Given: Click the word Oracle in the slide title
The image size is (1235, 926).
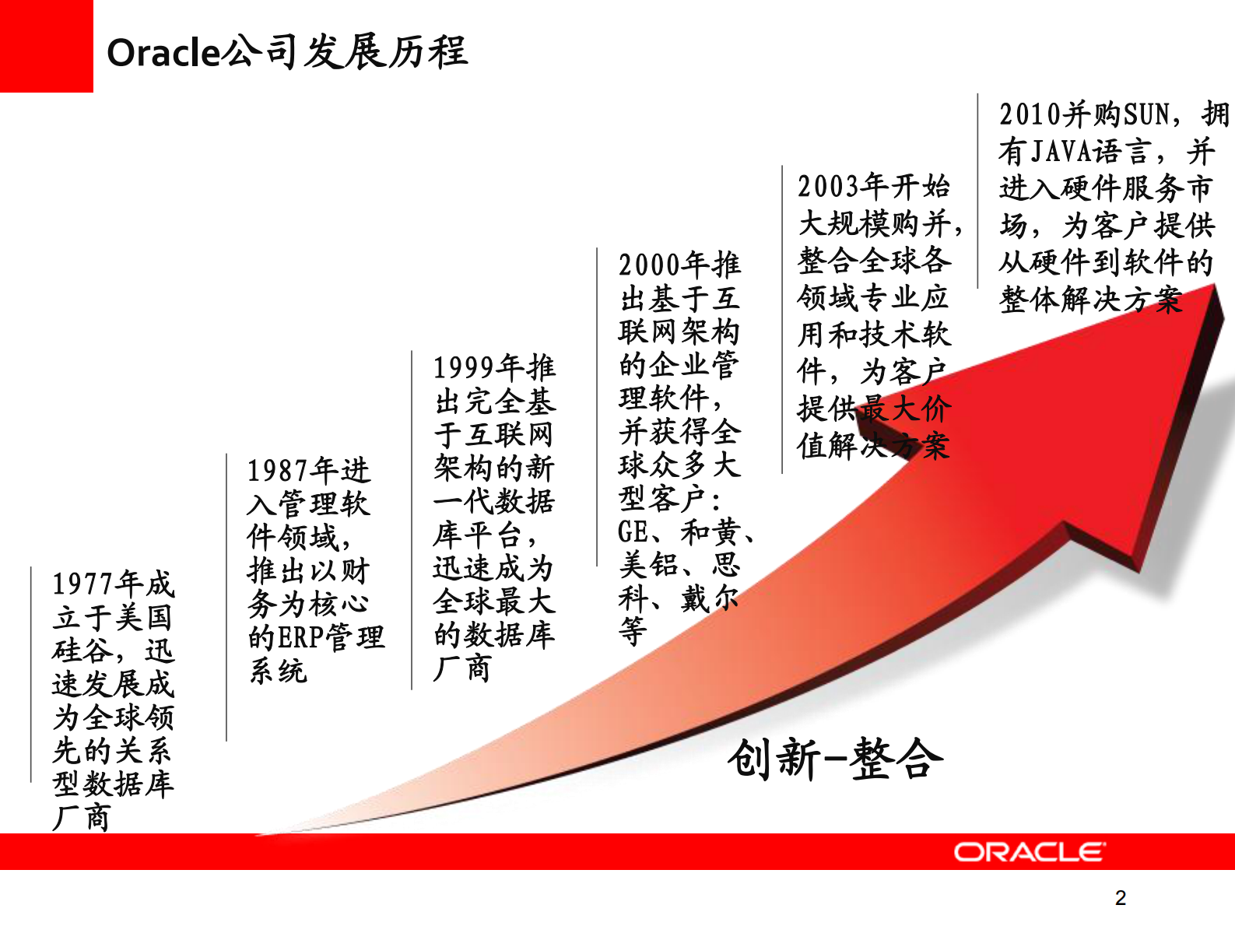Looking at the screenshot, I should pyautogui.click(x=163, y=53).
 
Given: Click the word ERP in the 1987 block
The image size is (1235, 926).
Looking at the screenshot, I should pyautogui.click(x=301, y=638).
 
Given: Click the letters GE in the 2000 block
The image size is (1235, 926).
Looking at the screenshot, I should pyautogui.click(x=633, y=533).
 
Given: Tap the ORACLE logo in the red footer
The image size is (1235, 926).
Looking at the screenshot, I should pyautogui.click(x=1029, y=852).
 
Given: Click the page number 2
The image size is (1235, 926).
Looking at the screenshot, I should pyautogui.click(x=1120, y=898).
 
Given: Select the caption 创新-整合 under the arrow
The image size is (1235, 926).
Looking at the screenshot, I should pyautogui.click(x=835, y=759).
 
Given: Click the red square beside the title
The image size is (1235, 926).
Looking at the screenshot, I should pyautogui.click(x=46, y=46).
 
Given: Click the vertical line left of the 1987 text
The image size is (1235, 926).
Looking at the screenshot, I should pyautogui.click(x=226, y=595).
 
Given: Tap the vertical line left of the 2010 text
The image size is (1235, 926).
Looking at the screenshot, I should pyautogui.click(x=978, y=191).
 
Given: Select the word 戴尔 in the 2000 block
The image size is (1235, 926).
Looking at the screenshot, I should pyautogui.click(x=709, y=598).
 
